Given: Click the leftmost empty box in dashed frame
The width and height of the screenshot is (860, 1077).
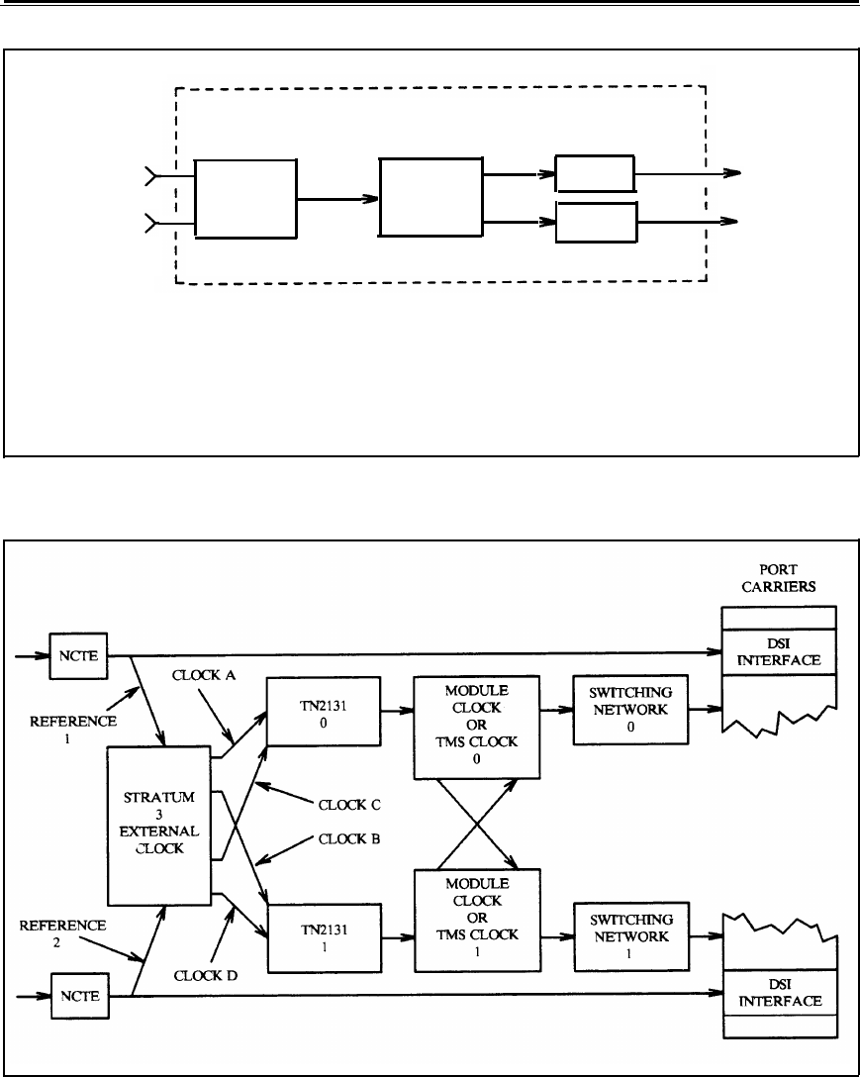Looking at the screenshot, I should [245, 198].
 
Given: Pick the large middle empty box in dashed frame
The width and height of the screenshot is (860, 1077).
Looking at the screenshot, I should [430, 199].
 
